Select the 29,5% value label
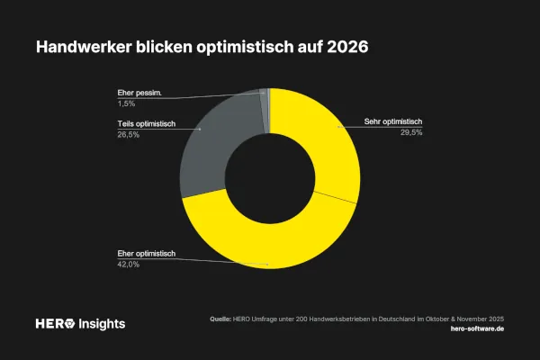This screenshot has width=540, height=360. pyautogui.click(x=411, y=132)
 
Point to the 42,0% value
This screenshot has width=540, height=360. pyautogui.click(x=128, y=265)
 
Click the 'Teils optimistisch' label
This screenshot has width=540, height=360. pyautogui.click(x=146, y=123)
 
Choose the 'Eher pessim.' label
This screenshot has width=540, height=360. pyautogui.click(x=139, y=92)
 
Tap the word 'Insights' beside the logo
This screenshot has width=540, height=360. pyautogui.click(x=103, y=323)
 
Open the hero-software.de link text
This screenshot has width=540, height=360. pyautogui.click(x=476, y=329)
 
